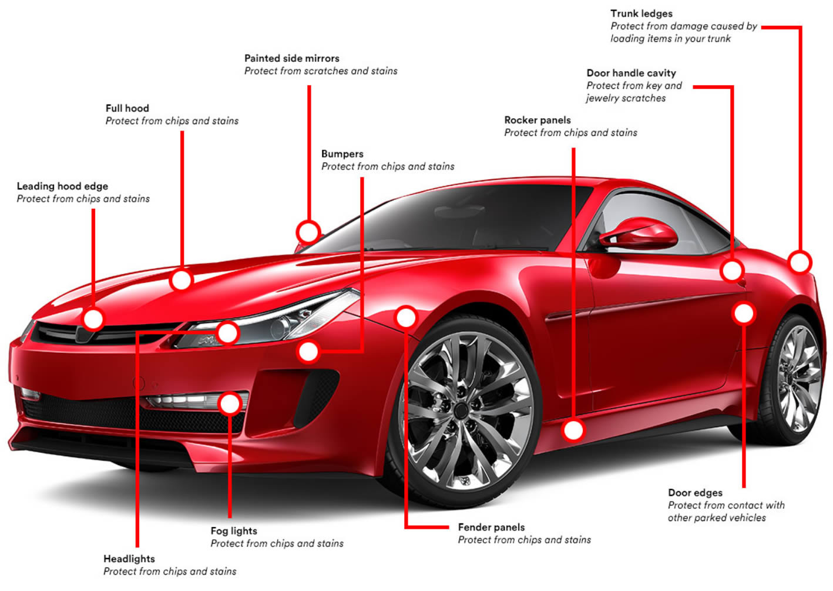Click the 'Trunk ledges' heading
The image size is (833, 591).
pyautogui.click(x=641, y=14)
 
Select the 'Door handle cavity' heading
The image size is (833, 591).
pyautogui.click(x=631, y=73)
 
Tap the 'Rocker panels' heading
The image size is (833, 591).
pyautogui.click(x=537, y=120)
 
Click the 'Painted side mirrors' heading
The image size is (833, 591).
pyautogui.click(x=291, y=58)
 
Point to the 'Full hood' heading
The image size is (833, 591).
pyautogui.click(x=127, y=108)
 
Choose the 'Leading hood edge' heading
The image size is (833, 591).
pyautogui.click(x=62, y=186)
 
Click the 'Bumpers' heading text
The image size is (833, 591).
pyautogui.click(x=342, y=154)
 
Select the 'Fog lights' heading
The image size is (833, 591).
pyautogui.click(x=234, y=531)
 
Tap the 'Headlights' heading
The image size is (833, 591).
pyautogui.click(x=129, y=559)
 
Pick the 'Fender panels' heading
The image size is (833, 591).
pyautogui.click(x=491, y=527)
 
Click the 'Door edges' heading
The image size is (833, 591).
pyautogui.click(x=695, y=493)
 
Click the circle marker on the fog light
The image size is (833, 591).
pyautogui.click(x=230, y=403)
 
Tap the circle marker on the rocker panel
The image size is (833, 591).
pyautogui.click(x=573, y=430)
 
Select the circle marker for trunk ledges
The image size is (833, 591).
pyautogui.click(x=799, y=262)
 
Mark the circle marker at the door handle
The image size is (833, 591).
pyautogui.click(x=732, y=271)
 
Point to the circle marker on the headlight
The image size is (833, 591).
pyautogui.click(x=227, y=333)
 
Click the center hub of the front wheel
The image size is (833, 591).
pyautogui.click(x=462, y=410)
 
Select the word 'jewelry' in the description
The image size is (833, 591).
pyautogui.click(x=604, y=98)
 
